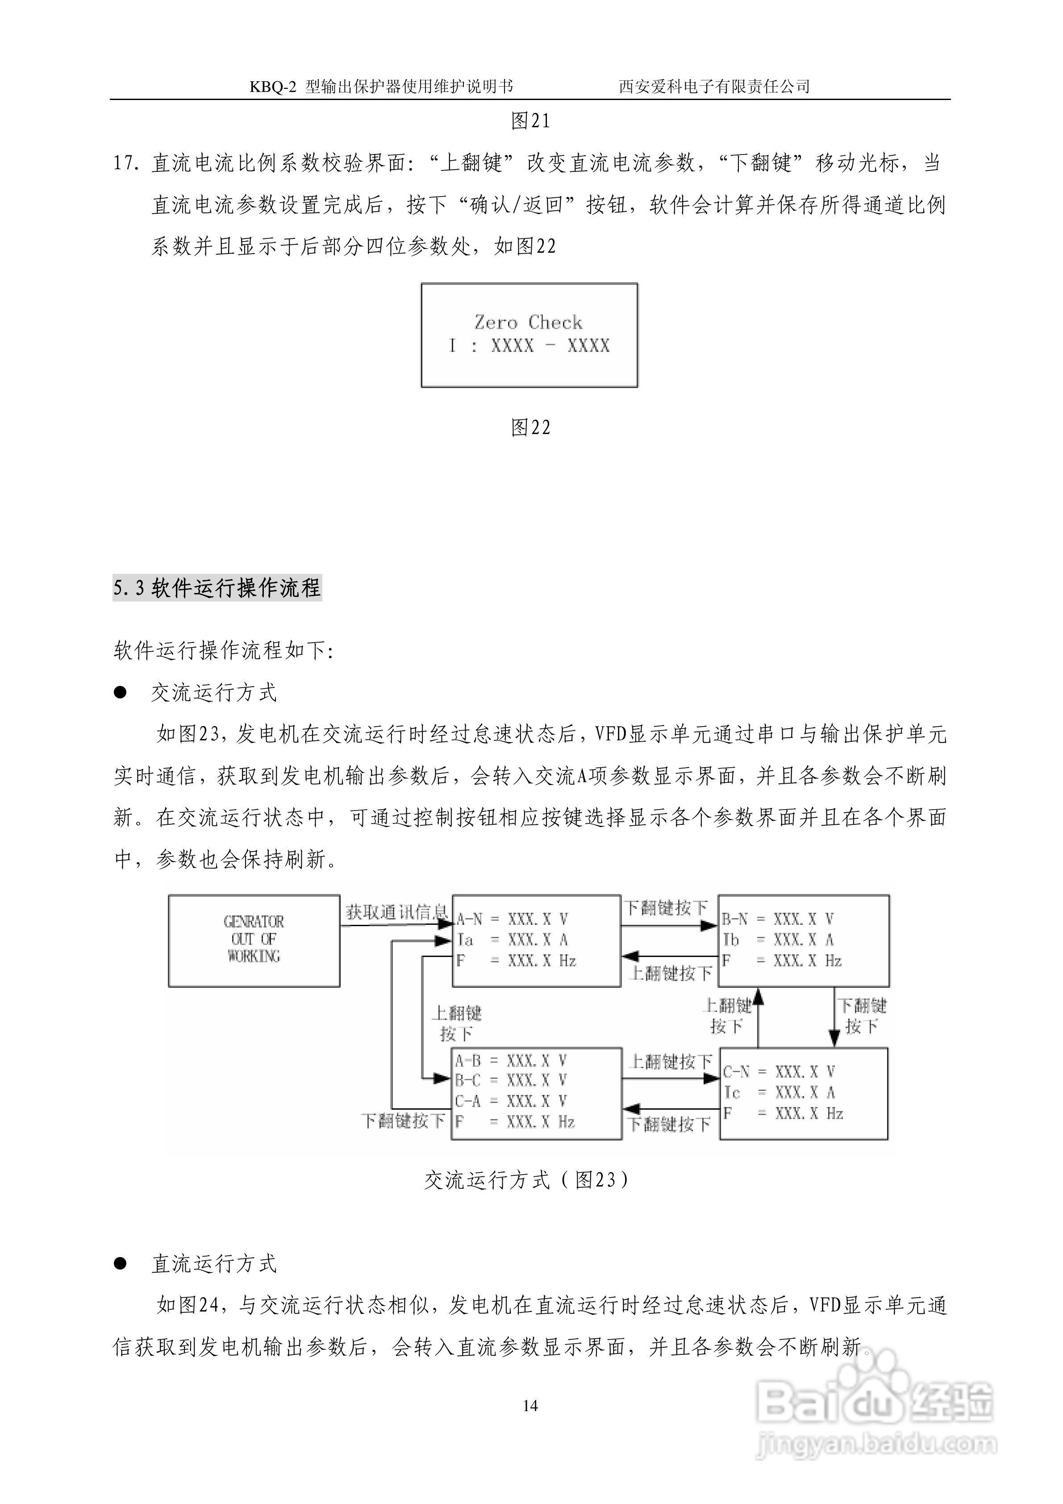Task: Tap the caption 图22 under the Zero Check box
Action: (x=530, y=428)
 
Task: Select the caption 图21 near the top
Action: (x=530, y=121)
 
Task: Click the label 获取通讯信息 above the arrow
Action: (x=396, y=912)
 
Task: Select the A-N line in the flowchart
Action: (x=512, y=919)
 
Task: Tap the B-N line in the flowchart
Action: (x=777, y=919)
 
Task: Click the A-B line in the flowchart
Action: (x=511, y=1061)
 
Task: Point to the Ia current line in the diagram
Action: (x=512, y=940)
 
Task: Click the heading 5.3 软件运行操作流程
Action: (x=217, y=588)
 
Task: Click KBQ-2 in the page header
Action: (x=273, y=87)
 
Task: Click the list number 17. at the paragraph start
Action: (x=126, y=163)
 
